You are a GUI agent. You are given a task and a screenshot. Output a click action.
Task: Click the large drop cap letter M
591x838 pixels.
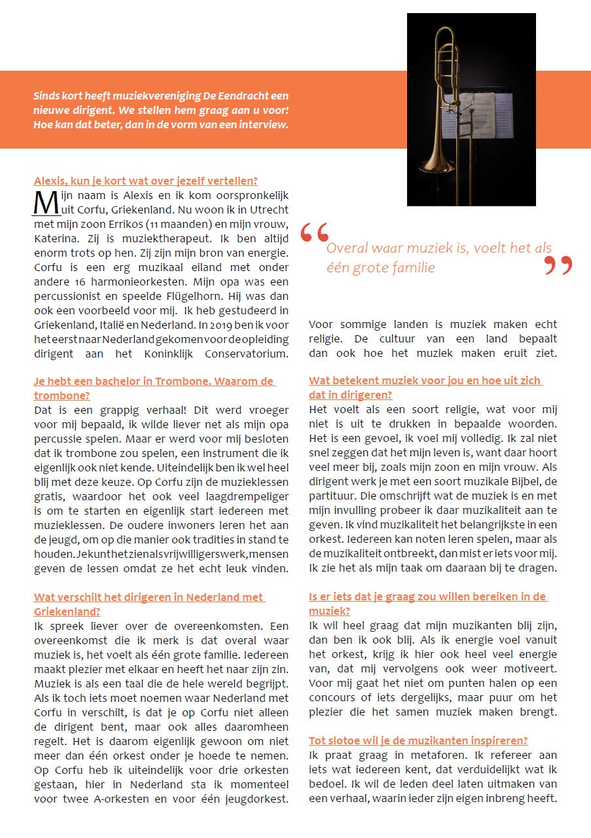[46, 202]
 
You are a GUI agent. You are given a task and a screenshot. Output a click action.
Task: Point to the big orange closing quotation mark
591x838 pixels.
[558, 264]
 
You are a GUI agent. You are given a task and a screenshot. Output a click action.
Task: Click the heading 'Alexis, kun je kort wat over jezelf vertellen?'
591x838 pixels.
[145, 181]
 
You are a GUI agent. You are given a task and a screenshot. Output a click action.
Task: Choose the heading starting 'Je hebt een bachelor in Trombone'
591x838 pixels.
[154, 382]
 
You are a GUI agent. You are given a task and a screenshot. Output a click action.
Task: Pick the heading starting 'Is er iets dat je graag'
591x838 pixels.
[428, 596]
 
